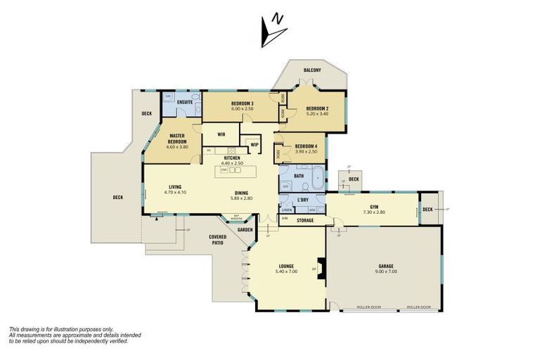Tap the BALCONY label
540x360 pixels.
(x=312, y=70)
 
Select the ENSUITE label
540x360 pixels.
(x=186, y=103)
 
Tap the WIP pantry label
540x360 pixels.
(x=254, y=145)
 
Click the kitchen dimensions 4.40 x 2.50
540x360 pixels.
(x=233, y=163)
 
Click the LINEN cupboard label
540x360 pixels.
(x=287, y=210)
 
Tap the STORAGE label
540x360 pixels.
(x=304, y=221)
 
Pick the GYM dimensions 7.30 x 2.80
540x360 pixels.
(x=374, y=212)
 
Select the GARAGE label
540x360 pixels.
(x=386, y=266)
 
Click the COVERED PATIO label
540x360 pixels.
(x=217, y=240)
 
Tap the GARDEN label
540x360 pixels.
(x=244, y=230)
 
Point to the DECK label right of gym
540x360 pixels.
(x=427, y=209)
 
